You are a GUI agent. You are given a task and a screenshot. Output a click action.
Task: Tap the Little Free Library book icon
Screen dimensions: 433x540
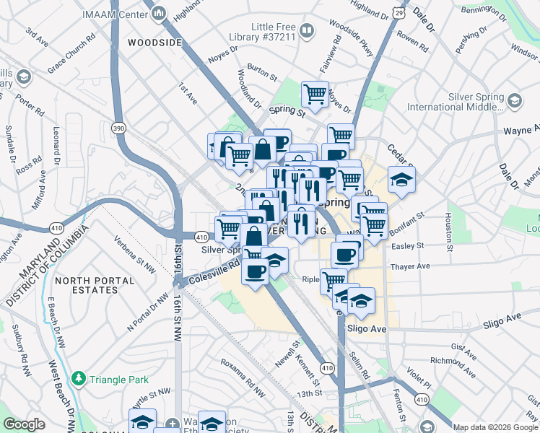pyautogui.click(x=307, y=30)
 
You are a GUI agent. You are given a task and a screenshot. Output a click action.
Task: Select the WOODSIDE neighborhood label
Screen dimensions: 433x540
pyautogui.click(x=154, y=43)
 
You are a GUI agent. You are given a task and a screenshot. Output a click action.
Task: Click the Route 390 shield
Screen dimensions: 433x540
pyautogui.click(x=118, y=128)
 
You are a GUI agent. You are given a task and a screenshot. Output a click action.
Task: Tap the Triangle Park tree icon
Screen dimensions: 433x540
pyautogui.click(x=77, y=378)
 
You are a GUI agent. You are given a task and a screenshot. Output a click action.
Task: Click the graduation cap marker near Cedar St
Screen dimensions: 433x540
pyautogui.click(x=401, y=179)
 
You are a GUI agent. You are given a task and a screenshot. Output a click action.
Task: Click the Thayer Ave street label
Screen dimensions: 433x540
pyautogui.click(x=409, y=266)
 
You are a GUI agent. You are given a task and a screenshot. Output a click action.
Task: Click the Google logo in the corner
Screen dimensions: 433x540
pyautogui.click(x=24, y=424)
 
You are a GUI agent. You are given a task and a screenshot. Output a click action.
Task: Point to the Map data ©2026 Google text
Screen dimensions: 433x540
pyautogui.click(x=495, y=427)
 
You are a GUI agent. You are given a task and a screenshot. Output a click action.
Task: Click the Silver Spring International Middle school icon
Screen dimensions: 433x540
pyautogui.click(x=515, y=101)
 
